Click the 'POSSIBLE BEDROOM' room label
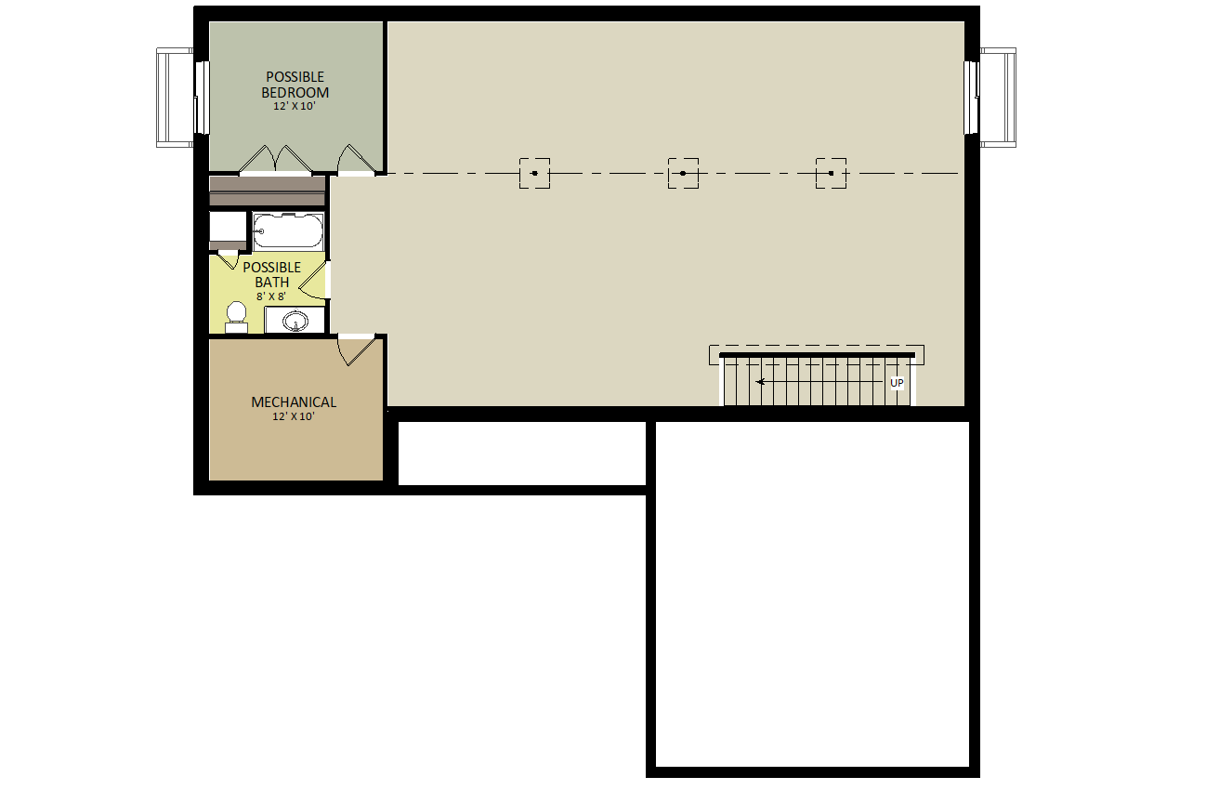pos(295,85)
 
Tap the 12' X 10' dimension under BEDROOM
pos(294,106)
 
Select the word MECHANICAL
pos(294,402)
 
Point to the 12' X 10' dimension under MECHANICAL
pos(293,416)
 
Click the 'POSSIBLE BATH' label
pos(272,275)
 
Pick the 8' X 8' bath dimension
pos(270,296)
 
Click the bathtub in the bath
pos(288,231)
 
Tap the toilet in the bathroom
pos(236,317)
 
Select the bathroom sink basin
pos(295,321)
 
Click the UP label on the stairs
pos(897,383)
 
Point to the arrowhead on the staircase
pos(760,382)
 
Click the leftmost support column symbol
pos(534,174)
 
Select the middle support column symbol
pos(683,174)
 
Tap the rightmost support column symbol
pos(832,174)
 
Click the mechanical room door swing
pos(355,350)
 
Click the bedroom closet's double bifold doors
pos(275,159)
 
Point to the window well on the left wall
pos(176,98)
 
